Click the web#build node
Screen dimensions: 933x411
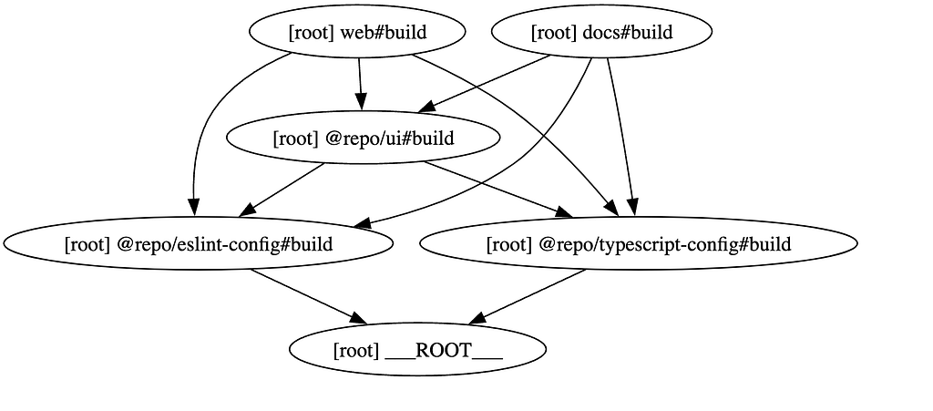pyautogui.click(x=357, y=32)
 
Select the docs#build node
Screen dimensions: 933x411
pyautogui.click(x=601, y=32)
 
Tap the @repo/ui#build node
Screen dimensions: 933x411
pyautogui.click(x=363, y=138)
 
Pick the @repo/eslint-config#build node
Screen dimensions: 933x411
pyautogui.click(x=198, y=244)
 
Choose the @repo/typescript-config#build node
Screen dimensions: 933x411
pyautogui.click(x=639, y=244)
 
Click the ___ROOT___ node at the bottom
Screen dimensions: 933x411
pyautogui.click(x=417, y=350)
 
